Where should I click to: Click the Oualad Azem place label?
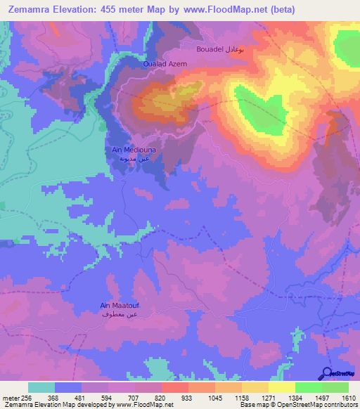pos(165,63)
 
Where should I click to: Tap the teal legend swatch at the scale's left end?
pos(41,387)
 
